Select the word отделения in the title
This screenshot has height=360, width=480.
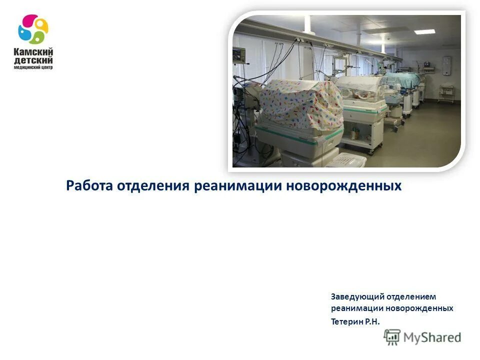coord(153,186)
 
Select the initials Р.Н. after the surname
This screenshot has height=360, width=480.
coord(372,321)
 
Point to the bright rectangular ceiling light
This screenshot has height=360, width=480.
coord(424,31)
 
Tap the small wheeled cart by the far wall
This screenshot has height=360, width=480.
coord(446,93)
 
